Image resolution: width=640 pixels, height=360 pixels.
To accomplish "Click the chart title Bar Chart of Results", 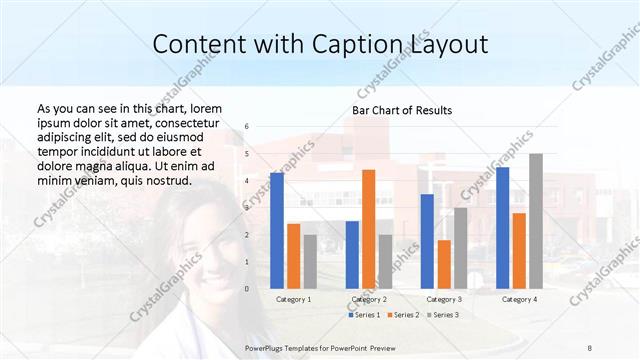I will pos(402,110).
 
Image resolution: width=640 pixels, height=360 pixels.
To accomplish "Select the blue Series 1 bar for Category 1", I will pos(277,230).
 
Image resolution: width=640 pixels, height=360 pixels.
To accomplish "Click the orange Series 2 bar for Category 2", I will pos(369,229).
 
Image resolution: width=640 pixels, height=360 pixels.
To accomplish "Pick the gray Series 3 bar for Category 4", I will pos(536,221).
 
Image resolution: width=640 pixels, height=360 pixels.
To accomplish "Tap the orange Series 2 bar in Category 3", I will pos(444,264).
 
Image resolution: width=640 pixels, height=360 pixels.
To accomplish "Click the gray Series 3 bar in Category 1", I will pos(310,261).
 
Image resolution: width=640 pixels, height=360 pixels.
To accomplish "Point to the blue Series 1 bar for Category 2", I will pos(352,254).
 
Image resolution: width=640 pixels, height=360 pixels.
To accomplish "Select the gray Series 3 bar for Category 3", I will pos(461,248).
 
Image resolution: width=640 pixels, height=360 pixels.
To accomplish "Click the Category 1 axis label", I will pos(293,299).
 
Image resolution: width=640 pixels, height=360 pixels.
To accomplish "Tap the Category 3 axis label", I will pos(444,299).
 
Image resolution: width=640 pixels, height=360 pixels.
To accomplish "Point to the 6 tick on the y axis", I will pos(246,127).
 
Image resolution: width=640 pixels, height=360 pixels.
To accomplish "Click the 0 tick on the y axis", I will pos(246,289).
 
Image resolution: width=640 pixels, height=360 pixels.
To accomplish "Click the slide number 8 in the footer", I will pos(589,347).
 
